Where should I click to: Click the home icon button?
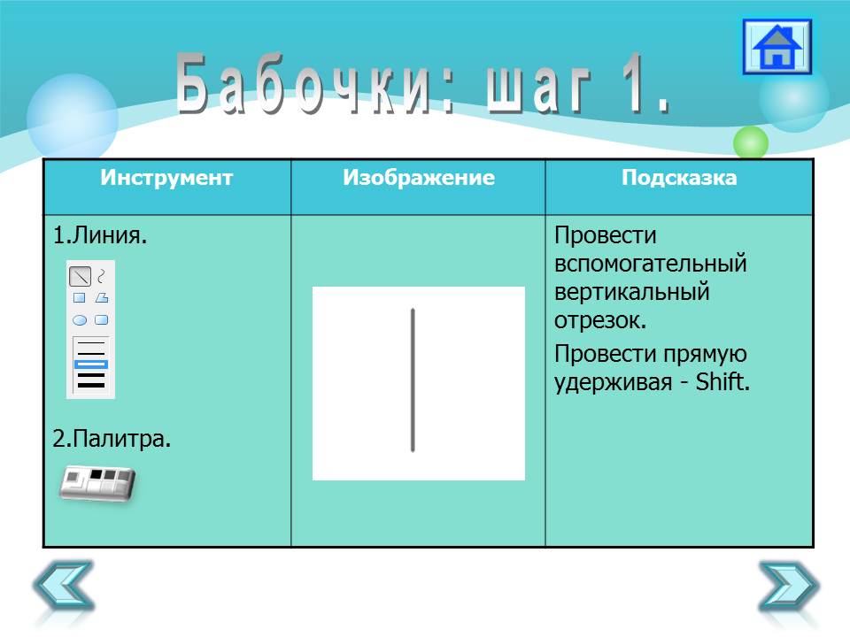click(x=777, y=47)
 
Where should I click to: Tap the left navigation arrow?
click(x=64, y=586)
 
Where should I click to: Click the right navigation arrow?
click(x=789, y=586)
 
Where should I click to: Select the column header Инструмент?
click(x=166, y=178)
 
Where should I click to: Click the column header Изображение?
click(x=419, y=178)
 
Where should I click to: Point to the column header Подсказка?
click(x=679, y=178)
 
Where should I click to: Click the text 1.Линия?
click(x=100, y=235)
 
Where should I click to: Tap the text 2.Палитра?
click(x=112, y=438)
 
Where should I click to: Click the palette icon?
click(x=97, y=483)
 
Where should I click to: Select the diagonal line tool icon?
click(x=81, y=277)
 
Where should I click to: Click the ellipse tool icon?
click(x=80, y=320)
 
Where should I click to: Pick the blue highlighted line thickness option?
click(x=90, y=364)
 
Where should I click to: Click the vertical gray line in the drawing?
click(x=413, y=380)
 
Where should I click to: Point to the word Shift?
click(x=722, y=382)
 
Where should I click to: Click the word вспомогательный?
click(x=651, y=264)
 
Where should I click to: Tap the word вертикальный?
click(x=632, y=292)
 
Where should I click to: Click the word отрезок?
click(x=600, y=320)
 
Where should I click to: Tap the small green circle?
click(x=751, y=142)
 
